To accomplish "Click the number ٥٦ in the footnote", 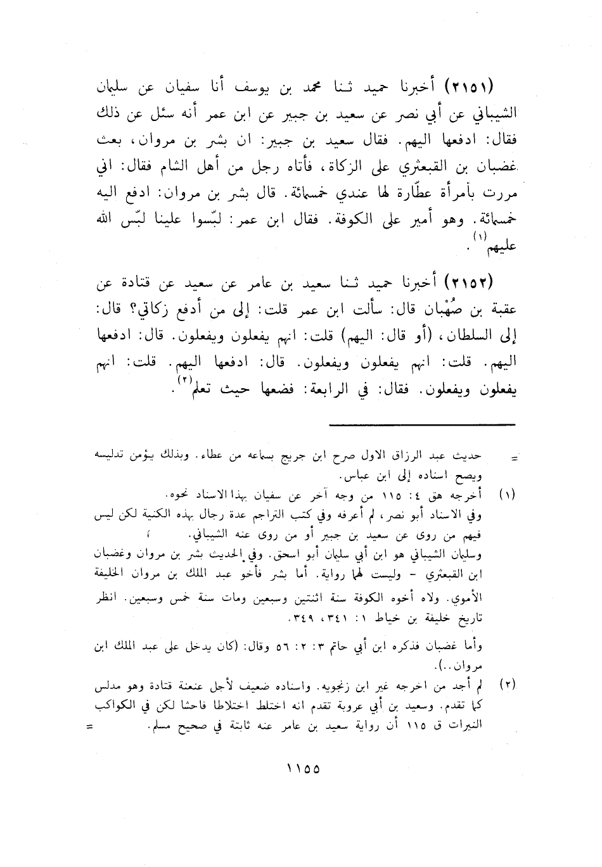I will [252, 647].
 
